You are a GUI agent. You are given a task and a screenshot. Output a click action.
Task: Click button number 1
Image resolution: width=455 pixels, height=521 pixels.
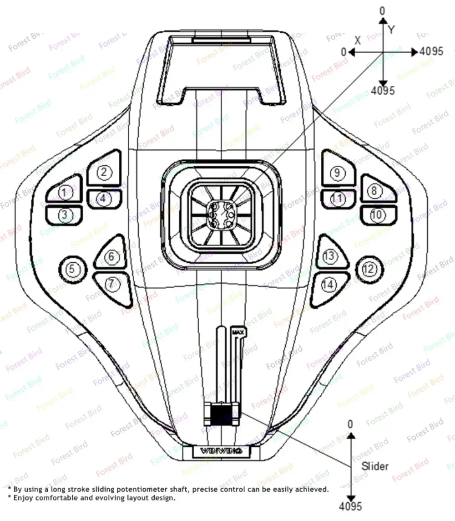click(x=65, y=193)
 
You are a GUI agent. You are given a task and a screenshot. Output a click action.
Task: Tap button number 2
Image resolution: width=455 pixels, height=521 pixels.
click(x=104, y=172)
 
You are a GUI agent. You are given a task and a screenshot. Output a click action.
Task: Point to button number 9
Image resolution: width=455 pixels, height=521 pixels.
click(x=337, y=173)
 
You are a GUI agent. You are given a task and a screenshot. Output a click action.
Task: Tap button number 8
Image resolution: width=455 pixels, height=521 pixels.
click(x=374, y=190)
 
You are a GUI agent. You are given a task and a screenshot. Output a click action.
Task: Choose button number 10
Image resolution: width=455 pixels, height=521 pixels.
click(x=378, y=215)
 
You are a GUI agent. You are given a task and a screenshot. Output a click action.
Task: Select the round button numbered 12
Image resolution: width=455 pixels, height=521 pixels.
click(x=369, y=269)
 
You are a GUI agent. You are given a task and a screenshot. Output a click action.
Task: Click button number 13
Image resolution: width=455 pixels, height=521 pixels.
click(x=329, y=257)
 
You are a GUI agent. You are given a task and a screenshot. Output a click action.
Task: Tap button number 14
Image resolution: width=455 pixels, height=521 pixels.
click(x=329, y=285)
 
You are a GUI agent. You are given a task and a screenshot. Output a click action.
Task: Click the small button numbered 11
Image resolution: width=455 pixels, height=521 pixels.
click(x=337, y=199)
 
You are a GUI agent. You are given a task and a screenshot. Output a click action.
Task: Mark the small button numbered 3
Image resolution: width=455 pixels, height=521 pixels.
click(x=65, y=215)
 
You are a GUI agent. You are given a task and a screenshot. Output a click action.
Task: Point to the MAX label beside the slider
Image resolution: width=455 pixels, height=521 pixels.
click(x=238, y=332)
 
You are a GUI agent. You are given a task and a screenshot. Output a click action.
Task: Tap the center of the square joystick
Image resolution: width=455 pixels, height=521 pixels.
click(x=221, y=212)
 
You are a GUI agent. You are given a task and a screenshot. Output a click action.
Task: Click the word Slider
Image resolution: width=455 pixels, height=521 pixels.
click(x=375, y=466)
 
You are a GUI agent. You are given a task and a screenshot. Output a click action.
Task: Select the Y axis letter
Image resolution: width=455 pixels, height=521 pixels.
click(x=391, y=30)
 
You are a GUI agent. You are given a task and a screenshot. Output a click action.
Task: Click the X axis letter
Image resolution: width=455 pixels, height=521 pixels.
click(x=358, y=40)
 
